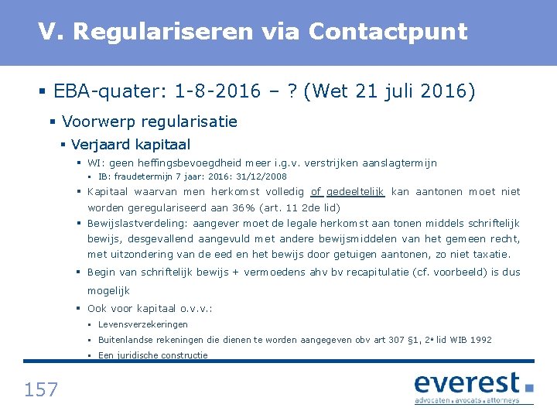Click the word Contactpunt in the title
388,32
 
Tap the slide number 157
41,389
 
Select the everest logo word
467,383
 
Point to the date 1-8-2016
218,92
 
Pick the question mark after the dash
292,92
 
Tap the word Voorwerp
97,122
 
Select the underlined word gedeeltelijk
355,192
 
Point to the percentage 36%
244,207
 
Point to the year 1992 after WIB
480,340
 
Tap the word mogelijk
108,290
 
